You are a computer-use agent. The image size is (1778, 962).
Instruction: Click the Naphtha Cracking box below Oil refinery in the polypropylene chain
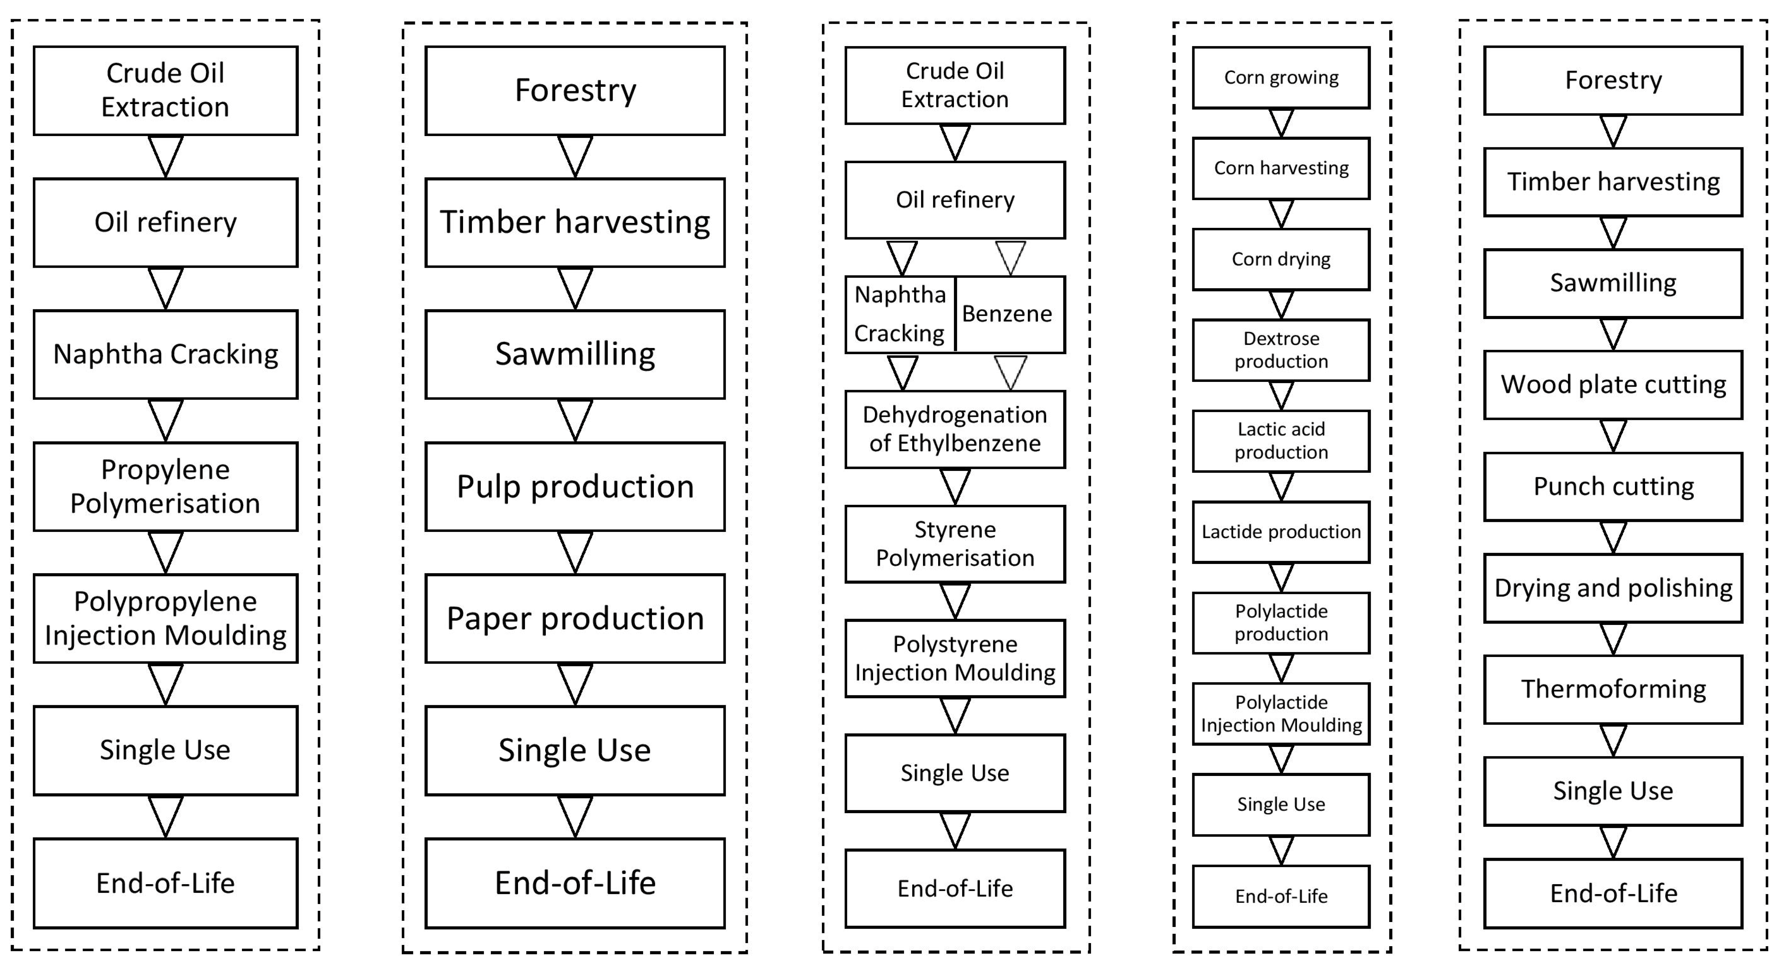pyautogui.click(x=166, y=354)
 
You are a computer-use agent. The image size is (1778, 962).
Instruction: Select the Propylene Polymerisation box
pyautogui.click(x=166, y=486)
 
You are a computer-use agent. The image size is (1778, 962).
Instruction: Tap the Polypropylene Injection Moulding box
pyautogui.click(x=166, y=618)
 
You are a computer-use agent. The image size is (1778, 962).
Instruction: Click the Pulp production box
pyautogui.click(x=575, y=486)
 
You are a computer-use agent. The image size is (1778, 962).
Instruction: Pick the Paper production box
pyautogui.click(x=575, y=618)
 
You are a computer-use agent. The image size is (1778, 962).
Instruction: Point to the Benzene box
pyautogui.click(x=1009, y=315)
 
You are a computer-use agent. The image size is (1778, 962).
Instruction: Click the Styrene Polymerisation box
pyautogui.click(x=955, y=544)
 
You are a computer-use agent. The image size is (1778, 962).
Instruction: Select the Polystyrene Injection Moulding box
pyautogui.click(x=955, y=658)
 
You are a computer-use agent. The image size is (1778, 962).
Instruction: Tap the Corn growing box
pyautogui.click(x=1281, y=77)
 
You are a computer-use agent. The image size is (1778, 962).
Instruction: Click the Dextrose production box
pyautogui.click(x=1281, y=350)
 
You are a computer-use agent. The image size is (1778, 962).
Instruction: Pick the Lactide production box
pyautogui.click(x=1281, y=531)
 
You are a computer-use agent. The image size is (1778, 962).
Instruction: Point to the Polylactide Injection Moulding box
pyautogui.click(x=1281, y=713)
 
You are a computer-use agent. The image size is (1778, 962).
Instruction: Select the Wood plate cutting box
pyautogui.click(x=1613, y=384)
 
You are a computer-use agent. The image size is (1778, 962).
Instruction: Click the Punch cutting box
pyautogui.click(x=1613, y=486)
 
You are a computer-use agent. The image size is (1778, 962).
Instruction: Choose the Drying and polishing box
pyautogui.click(x=1613, y=588)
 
